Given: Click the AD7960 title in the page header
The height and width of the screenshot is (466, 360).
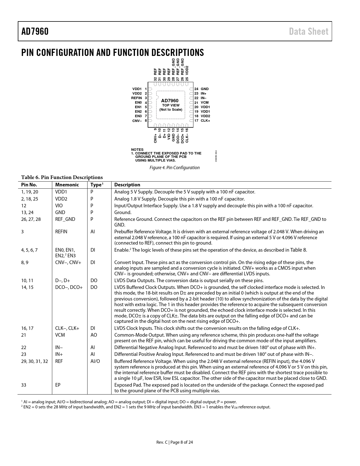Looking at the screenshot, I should coord(35,31).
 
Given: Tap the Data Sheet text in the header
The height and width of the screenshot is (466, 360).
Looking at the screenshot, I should coord(308,31).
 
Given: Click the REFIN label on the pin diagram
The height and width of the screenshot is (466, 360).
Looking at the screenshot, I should coord(136,98).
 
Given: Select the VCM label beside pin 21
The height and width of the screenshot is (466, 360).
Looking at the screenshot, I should coord(205,103).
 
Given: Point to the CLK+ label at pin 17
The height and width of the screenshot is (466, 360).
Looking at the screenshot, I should coord(206,121).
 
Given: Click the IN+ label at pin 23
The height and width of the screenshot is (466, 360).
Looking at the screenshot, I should coord(204,93).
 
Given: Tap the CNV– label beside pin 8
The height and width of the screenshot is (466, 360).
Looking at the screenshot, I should coord(137,121).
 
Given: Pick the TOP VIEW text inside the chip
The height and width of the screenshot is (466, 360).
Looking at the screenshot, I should coord(171,105).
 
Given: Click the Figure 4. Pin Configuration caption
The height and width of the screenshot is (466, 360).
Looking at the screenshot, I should coord(174,168).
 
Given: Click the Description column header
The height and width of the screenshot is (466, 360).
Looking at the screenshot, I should coord(127,185).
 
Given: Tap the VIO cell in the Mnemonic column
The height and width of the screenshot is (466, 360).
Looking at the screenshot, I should coord(59,206).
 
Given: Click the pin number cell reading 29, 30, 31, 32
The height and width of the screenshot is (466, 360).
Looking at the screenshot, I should coord(34,361).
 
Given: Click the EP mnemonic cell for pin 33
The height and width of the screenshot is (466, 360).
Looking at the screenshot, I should coord(58,385).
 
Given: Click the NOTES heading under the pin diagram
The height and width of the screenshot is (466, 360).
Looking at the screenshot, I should coord(137,150).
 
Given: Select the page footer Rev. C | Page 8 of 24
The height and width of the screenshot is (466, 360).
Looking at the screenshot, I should coord(175,442).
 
